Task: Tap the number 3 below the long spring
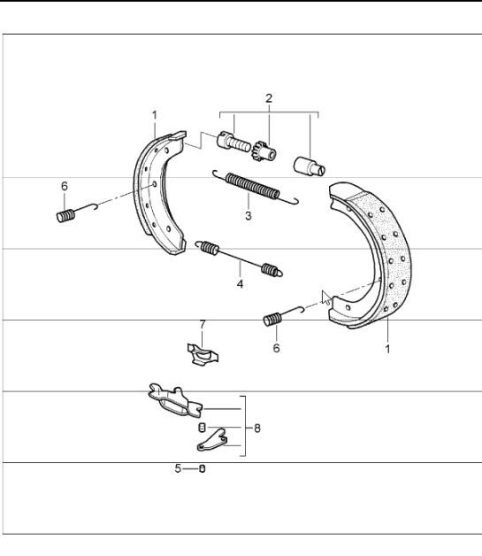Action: pos(249,215)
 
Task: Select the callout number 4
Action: pos(239,284)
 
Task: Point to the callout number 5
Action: pos(178,468)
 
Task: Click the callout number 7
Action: pos(202,325)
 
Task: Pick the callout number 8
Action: pos(256,429)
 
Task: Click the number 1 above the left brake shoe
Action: pos(154,115)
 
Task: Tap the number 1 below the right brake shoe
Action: pos(387,349)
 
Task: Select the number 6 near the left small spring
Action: pos(64,187)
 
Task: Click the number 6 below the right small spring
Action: pos(276,349)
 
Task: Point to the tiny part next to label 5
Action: pos(202,469)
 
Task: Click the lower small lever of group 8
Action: pos(213,439)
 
